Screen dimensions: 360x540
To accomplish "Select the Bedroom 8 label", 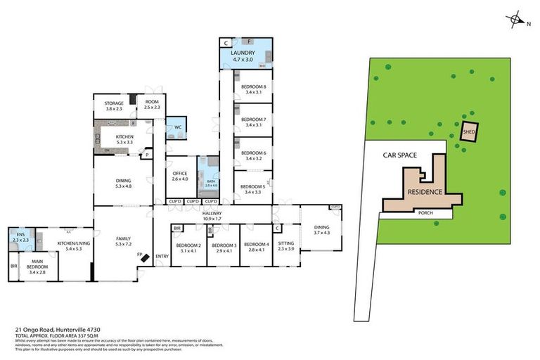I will point(253,87).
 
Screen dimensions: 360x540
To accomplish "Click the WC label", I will point(178,127).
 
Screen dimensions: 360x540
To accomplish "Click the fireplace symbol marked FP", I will point(144,258).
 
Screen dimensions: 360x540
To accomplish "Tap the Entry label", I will point(162,256).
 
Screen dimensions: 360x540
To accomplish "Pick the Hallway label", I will point(212,215).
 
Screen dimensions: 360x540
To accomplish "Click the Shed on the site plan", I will point(468,131).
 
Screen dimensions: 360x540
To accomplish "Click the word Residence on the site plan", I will point(425,192).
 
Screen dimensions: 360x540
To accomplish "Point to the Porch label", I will point(425,212).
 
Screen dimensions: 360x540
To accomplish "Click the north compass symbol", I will point(517,20).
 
